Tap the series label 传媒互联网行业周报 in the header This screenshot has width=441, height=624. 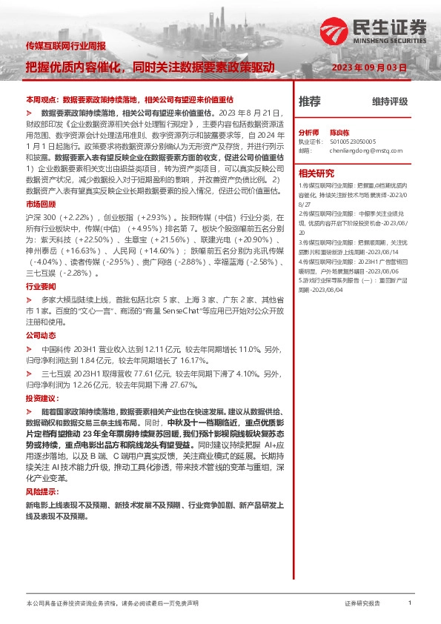pyautogui.click(x=67, y=47)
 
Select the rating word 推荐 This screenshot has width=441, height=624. pyautogui.click(x=309, y=102)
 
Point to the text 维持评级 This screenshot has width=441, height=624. pyautogui.click(x=390, y=102)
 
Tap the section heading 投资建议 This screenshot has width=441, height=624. pyautogui.click(x=41, y=398)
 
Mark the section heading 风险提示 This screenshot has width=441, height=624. pyautogui.click(x=41, y=471)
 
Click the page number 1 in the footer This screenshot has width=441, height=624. pyautogui.click(x=410, y=604)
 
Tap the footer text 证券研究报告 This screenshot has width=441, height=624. pyautogui.click(x=362, y=604)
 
